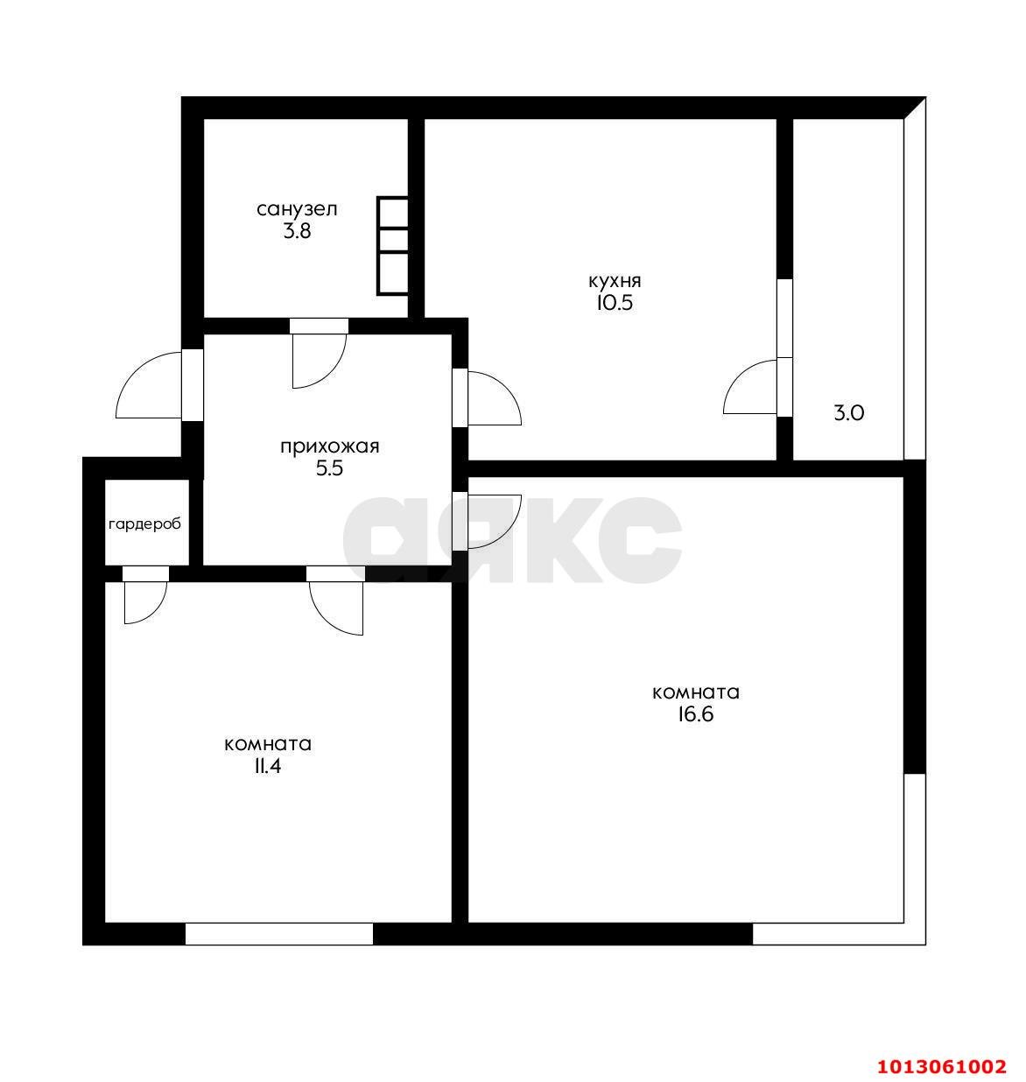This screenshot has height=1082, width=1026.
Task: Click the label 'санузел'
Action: (x=297, y=209)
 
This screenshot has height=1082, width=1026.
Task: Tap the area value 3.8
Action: (x=297, y=232)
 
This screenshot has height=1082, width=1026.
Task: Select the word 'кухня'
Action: (x=615, y=281)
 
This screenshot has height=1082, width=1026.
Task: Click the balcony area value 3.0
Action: (x=848, y=413)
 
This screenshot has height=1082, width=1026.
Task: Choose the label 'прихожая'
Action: (x=329, y=446)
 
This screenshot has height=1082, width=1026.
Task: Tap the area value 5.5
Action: (x=329, y=468)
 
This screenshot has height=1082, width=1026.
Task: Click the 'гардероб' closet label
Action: (x=145, y=524)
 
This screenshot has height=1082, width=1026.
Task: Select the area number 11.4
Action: (x=268, y=767)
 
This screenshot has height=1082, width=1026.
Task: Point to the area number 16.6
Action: (x=696, y=714)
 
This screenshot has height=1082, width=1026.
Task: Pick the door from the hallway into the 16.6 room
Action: (x=492, y=520)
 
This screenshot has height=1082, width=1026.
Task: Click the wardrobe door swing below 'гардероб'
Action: (x=144, y=599)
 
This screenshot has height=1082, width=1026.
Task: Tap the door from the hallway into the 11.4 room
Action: (x=336, y=603)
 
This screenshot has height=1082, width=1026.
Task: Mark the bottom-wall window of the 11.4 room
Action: (x=279, y=934)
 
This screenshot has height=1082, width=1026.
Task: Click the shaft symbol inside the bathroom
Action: (x=393, y=245)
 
